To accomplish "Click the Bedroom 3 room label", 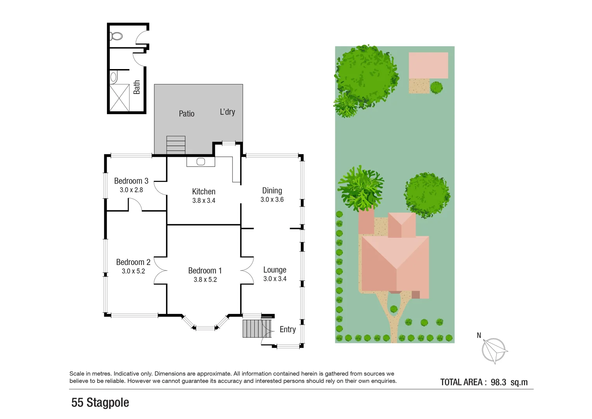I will [x=131, y=181].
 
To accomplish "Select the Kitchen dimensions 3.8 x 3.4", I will [x=204, y=201].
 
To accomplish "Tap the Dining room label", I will [x=272, y=190].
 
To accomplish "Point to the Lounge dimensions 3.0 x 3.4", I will [x=274, y=279].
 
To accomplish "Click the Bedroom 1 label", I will [x=205, y=270].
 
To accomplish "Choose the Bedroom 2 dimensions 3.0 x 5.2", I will [x=133, y=271].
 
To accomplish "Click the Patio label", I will [x=186, y=114].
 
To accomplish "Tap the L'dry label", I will [x=227, y=112].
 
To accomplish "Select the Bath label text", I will [x=136, y=87].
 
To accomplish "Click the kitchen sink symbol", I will [x=200, y=161].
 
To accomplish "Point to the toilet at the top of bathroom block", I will [x=116, y=36].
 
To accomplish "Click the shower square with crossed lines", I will [x=119, y=98].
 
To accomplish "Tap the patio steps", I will [x=176, y=144].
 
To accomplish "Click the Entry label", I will [x=287, y=329].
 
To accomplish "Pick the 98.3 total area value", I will [x=498, y=382].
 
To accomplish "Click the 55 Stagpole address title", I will [x=100, y=403].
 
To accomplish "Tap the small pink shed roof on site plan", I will [x=428, y=65].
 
